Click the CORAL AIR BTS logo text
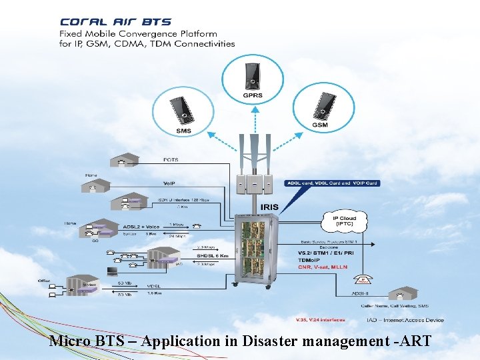(115, 22)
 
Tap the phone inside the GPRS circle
(252, 75)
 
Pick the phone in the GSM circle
(323, 105)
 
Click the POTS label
(171, 160)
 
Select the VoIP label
(169, 183)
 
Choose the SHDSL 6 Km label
(213, 255)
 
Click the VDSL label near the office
(155, 286)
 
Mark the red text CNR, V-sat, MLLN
(323, 265)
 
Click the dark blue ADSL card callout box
(331, 183)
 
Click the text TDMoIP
(309, 259)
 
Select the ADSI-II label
(360, 292)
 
